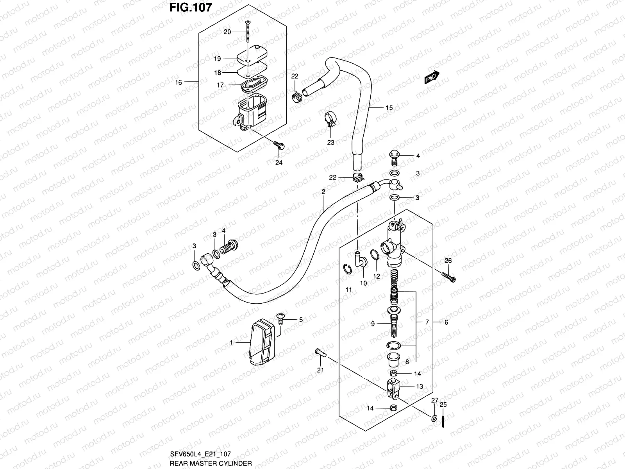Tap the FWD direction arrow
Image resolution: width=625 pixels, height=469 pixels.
pos(432,78)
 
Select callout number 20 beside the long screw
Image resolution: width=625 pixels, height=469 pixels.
pos(227,32)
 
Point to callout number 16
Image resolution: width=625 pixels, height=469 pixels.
pos(179,82)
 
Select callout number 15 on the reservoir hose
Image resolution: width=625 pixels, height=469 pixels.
pos(389,108)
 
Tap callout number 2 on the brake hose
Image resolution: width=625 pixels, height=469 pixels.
pos(323,192)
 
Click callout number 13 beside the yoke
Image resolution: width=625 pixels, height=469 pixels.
pos(419,386)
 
